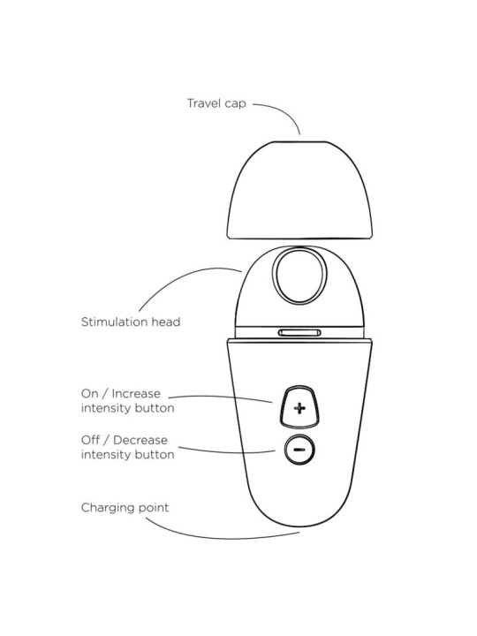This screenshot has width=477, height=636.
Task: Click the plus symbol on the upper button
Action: click(x=299, y=407)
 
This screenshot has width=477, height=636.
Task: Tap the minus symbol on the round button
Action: click(x=299, y=450)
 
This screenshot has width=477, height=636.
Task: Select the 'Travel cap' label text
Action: click(x=216, y=103)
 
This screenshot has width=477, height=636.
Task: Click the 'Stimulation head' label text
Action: click(x=131, y=322)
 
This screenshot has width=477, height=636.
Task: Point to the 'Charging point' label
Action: click(x=125, y=508)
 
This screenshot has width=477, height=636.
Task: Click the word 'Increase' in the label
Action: click(x=136, y=394)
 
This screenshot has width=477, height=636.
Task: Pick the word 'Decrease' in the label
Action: click(x=140, y=440)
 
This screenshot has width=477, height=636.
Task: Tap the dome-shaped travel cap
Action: click(x=299, y=190)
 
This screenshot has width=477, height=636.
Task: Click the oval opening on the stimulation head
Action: click(x=299, y=276)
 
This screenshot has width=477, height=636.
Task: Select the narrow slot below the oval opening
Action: click(x=299, y=333)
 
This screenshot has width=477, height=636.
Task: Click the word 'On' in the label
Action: click(x=89, y=394)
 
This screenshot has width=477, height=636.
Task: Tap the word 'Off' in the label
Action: click(x=90, y=440)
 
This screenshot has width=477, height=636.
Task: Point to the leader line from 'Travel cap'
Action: click(x=284, y=111)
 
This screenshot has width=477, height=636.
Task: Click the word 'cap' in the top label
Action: click(x=236, y=104)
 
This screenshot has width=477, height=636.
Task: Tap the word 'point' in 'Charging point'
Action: click(x=154, y=508)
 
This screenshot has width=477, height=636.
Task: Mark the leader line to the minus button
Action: click(x=227, y=451)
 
